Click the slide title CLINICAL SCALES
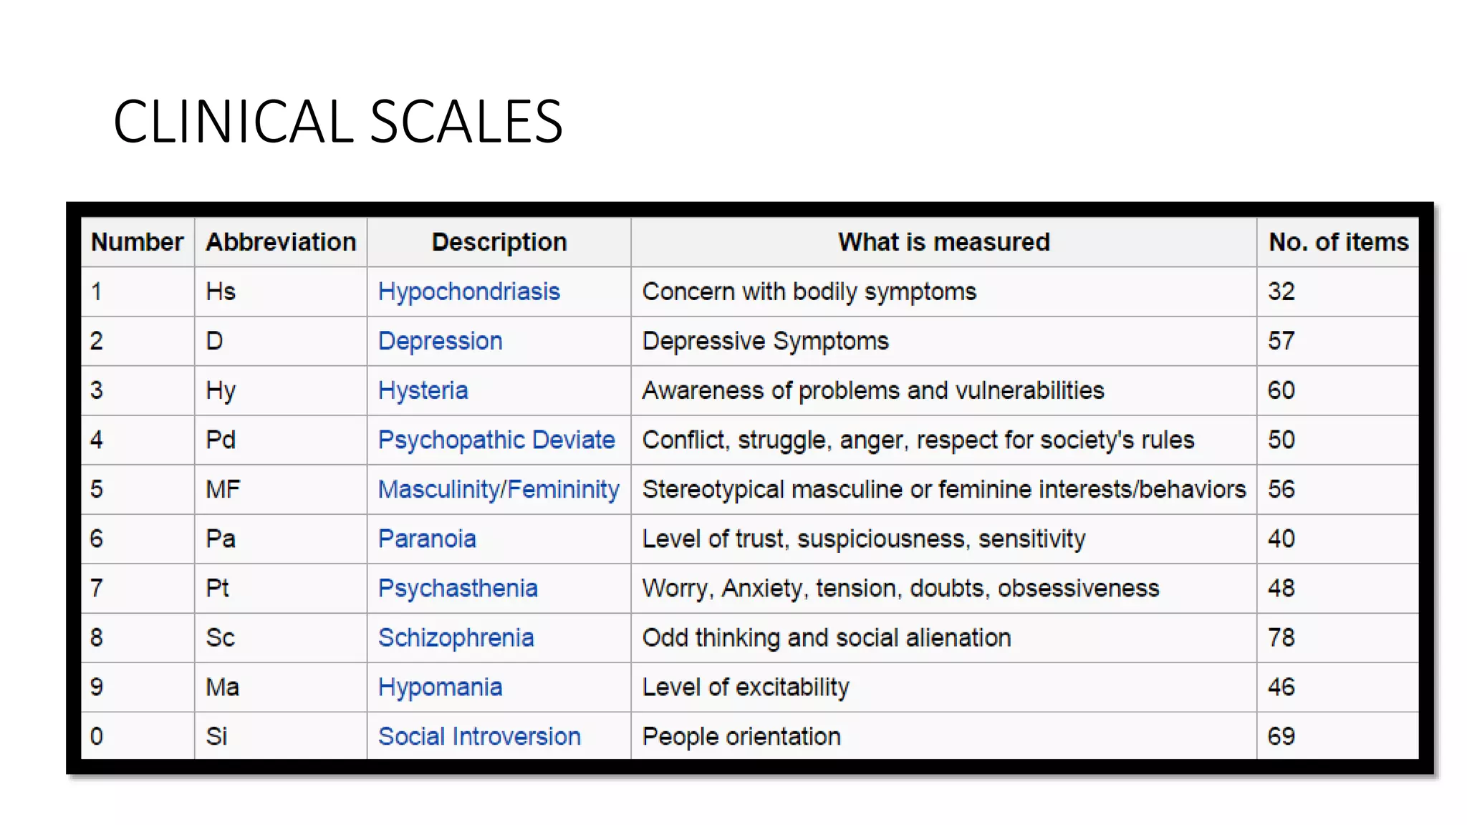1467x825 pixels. pos(337,122)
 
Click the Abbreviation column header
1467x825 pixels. pos(281,242)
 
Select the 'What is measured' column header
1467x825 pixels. pos(943,242)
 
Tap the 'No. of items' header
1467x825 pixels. pos(1338,242)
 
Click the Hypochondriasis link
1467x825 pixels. pos(468,291)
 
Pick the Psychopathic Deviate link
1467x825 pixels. pos(496,440)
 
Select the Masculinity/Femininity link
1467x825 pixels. pos(499,489)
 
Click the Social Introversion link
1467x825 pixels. pos(479,736)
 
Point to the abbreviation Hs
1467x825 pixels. pos(221,291)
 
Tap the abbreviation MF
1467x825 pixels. pos(223,489)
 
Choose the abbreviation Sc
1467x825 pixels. pos(220,637)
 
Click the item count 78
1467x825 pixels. pos(1281,637)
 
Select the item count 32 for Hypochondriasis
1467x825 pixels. pos(1281,291)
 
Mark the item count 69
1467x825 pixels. pos(1281,736)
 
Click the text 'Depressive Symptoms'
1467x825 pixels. pos(765,341)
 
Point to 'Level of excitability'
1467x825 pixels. pos(745,687)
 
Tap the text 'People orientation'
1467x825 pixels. pos(741,736)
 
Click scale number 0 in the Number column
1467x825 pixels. pos(97,736)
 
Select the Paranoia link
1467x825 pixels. pos(427,539)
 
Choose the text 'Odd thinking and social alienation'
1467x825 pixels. pos(826,637)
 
